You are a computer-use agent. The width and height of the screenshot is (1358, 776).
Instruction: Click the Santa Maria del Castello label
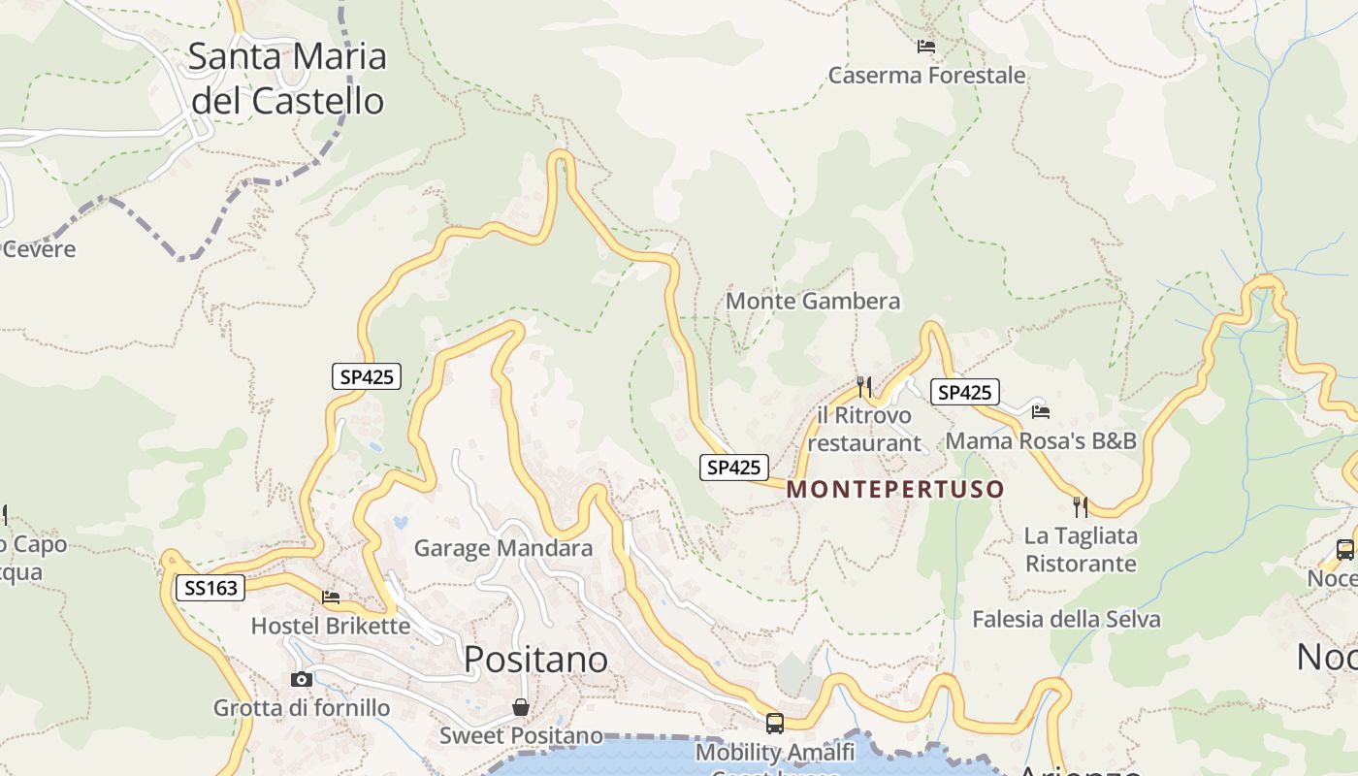(287, 79)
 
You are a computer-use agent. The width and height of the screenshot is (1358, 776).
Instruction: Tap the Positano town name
(535, 660)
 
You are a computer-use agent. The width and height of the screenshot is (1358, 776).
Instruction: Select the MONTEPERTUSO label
(894, 489)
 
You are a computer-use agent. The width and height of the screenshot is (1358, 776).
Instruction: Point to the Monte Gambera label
(813, 302)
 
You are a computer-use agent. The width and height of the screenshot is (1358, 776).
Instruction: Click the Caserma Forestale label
(926, 76)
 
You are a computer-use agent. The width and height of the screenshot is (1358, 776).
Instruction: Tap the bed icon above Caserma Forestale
(926, 46)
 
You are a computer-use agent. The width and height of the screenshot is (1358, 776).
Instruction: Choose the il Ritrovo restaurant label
(864, 429)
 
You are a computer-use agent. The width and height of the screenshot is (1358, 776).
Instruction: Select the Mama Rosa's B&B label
(1041, 440)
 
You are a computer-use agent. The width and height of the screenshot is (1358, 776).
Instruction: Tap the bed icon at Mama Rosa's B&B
(1041, 411)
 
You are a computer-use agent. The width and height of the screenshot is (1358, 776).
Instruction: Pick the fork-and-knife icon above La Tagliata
(1081, 506)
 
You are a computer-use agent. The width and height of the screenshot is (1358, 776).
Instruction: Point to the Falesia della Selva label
(1066, 619)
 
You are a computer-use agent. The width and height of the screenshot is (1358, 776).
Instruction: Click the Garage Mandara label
(502, 548)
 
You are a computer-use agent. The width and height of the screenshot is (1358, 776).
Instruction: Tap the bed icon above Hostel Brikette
(331, 598)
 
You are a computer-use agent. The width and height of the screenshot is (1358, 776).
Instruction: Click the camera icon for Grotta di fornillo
(302, 679)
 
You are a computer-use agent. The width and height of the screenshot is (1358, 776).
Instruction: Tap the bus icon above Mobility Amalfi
(775, 723)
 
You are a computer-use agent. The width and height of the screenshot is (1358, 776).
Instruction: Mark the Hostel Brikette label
(331, 626)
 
